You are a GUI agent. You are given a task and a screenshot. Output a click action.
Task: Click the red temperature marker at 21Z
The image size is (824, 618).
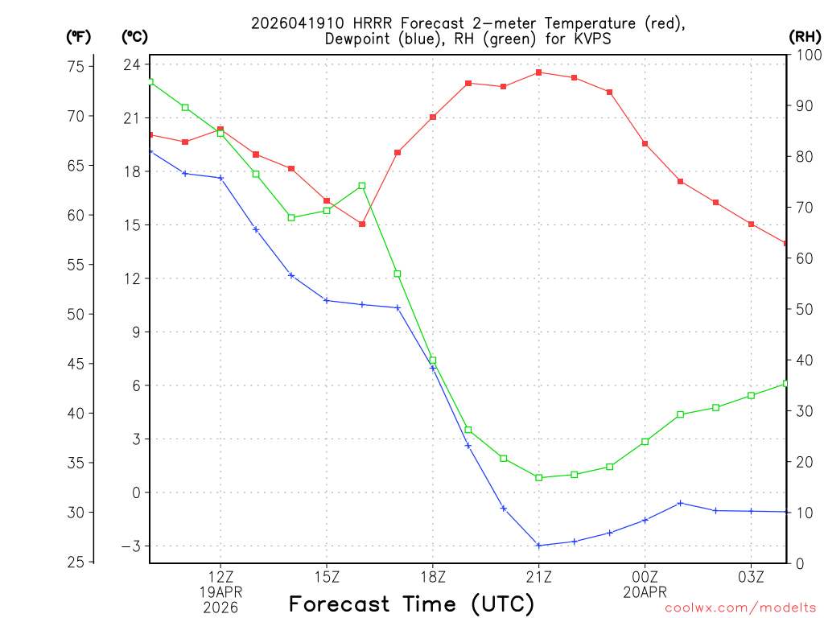(x=539, y=72)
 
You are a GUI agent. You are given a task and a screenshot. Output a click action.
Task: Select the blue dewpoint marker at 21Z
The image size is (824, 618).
(x=539, y=546)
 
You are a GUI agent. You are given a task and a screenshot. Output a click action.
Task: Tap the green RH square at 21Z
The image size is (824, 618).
(x=539, y=478)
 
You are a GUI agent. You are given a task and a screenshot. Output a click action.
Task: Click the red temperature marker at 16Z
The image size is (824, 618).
(x=362, y=224)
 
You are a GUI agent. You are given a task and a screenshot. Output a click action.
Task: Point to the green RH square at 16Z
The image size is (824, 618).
(x=362, y=186)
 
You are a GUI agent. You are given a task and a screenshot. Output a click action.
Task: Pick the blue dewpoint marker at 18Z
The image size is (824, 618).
(x=433, y=368)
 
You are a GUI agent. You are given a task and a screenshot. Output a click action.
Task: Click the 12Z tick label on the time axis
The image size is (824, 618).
(x=220, y=577)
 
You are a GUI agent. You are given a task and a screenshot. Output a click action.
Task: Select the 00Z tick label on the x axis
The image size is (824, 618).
(x=645, y=577)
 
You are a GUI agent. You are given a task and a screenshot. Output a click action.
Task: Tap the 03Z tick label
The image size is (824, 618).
(x=751, y=577)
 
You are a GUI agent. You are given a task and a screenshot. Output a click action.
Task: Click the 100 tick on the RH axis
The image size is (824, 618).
(x=806, y=55)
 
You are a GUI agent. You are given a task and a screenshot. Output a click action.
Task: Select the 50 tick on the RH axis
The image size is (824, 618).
(x=802, y=309)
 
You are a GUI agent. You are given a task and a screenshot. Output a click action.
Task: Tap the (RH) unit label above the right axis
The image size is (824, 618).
(x=805, y=36)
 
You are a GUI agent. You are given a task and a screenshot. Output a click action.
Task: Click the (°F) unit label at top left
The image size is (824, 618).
(x=78, y=36)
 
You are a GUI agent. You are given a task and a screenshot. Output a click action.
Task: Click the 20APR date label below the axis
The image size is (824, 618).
(x=645, y=592)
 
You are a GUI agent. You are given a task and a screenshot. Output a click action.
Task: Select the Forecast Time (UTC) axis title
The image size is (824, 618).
(x=411, y=604)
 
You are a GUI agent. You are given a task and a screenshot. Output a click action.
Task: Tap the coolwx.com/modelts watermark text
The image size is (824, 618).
(x=740, y=608)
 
